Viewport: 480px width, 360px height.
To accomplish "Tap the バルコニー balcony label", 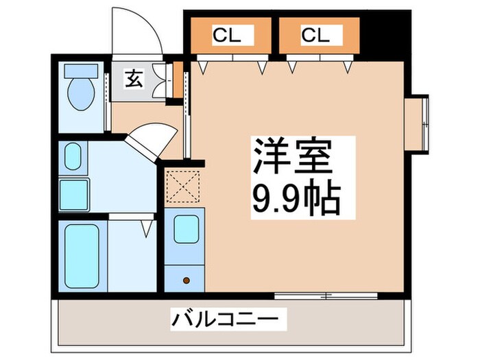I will [226, 320].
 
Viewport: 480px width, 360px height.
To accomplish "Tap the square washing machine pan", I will [74, 194].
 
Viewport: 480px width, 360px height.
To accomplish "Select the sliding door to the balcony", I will [326, 296].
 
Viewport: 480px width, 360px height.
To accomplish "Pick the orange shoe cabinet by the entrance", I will [178, 80].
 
